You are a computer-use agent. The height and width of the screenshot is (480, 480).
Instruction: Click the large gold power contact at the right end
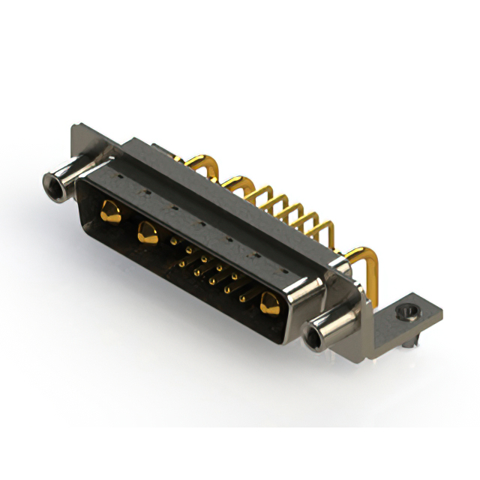click(268, 303)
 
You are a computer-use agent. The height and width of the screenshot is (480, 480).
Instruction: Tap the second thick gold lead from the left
click(236, 182)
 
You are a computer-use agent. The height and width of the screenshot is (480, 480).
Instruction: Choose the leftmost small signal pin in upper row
click(175, 241)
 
